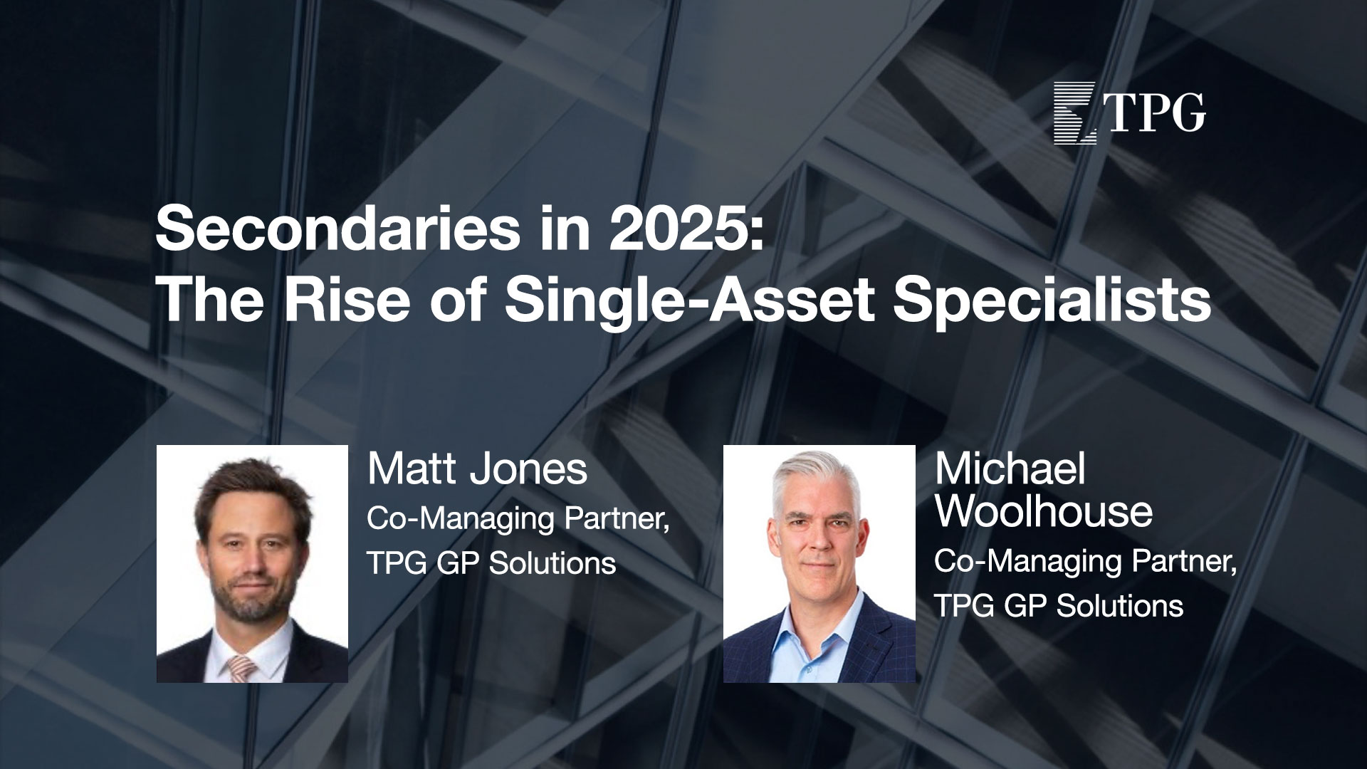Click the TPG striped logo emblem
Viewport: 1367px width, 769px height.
coord(1075,113)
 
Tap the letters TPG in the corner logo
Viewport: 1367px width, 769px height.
coord(1155,113)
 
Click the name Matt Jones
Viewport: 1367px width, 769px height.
coord(477,470)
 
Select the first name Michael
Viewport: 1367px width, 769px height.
coord(1010,470)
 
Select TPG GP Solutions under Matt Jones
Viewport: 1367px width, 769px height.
coord(491,564)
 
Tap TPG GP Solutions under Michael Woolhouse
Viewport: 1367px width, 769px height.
coord(1059,606)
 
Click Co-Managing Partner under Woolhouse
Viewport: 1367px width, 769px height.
coord(1086,563)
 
